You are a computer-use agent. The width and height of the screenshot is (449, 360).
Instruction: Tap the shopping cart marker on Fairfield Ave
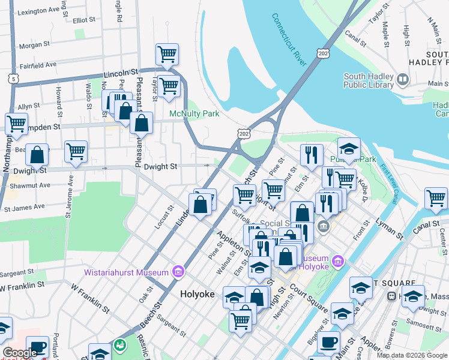pyautogui.click(x=167, y=55)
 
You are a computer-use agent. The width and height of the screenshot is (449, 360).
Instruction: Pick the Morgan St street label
pyautogui.click(x=34, y=45)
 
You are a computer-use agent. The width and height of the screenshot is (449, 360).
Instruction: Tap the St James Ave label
pyautogui.click(x=24, y=208)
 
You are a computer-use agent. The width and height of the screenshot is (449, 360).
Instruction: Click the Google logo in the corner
pyautogui.click(x=20, y=353)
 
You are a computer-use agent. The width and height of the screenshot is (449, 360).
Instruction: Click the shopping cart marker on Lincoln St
pyautogui.click(x=169, y=85)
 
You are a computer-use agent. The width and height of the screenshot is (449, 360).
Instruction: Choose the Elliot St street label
pyautogui.click(x=84, y=20)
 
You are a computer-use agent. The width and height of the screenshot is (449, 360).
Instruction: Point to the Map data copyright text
pyautogui.click(x=412, y=355)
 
